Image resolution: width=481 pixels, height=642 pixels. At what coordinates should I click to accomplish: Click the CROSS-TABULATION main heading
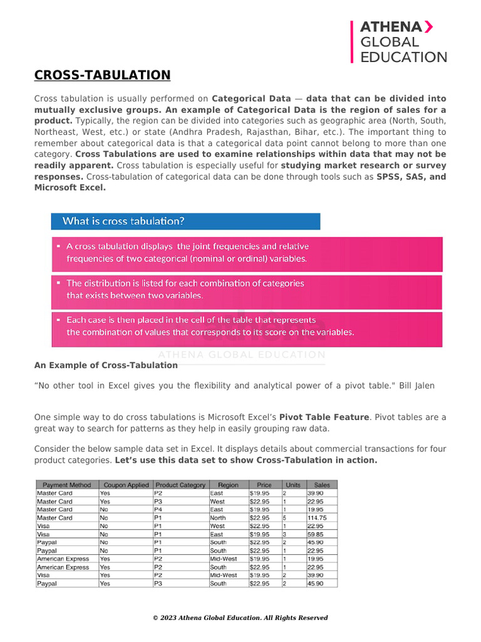pos(102,76)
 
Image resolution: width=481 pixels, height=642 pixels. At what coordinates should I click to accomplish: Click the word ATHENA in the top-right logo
pos(391,27)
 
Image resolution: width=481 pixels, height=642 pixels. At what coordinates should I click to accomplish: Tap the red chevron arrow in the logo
pos(428,26)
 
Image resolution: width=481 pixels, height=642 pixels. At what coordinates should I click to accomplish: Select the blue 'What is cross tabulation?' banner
pos(185,221)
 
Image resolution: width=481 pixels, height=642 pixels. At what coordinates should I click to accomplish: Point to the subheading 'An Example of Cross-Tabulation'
pos(106,365)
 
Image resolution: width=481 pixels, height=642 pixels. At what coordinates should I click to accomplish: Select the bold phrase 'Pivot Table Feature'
pos(324,417)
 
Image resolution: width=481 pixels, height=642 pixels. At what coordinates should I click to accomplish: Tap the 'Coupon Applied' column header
pos(125,485)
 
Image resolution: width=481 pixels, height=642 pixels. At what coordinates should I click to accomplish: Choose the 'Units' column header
pos(292,485)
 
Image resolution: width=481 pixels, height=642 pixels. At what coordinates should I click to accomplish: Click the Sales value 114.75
pos(317,518)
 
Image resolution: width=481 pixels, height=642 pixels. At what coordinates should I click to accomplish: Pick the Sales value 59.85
pos(315,534)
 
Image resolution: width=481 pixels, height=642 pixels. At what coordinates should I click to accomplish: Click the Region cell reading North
pos(219,518)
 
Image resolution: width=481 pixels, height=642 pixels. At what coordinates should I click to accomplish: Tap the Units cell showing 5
pos(285,518)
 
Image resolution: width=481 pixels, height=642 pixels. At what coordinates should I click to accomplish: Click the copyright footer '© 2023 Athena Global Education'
pos(240,618)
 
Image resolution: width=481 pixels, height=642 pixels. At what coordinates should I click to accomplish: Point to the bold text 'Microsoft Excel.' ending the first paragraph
pos(70,187)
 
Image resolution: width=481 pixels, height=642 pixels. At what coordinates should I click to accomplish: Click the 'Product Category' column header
pos(180,485)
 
